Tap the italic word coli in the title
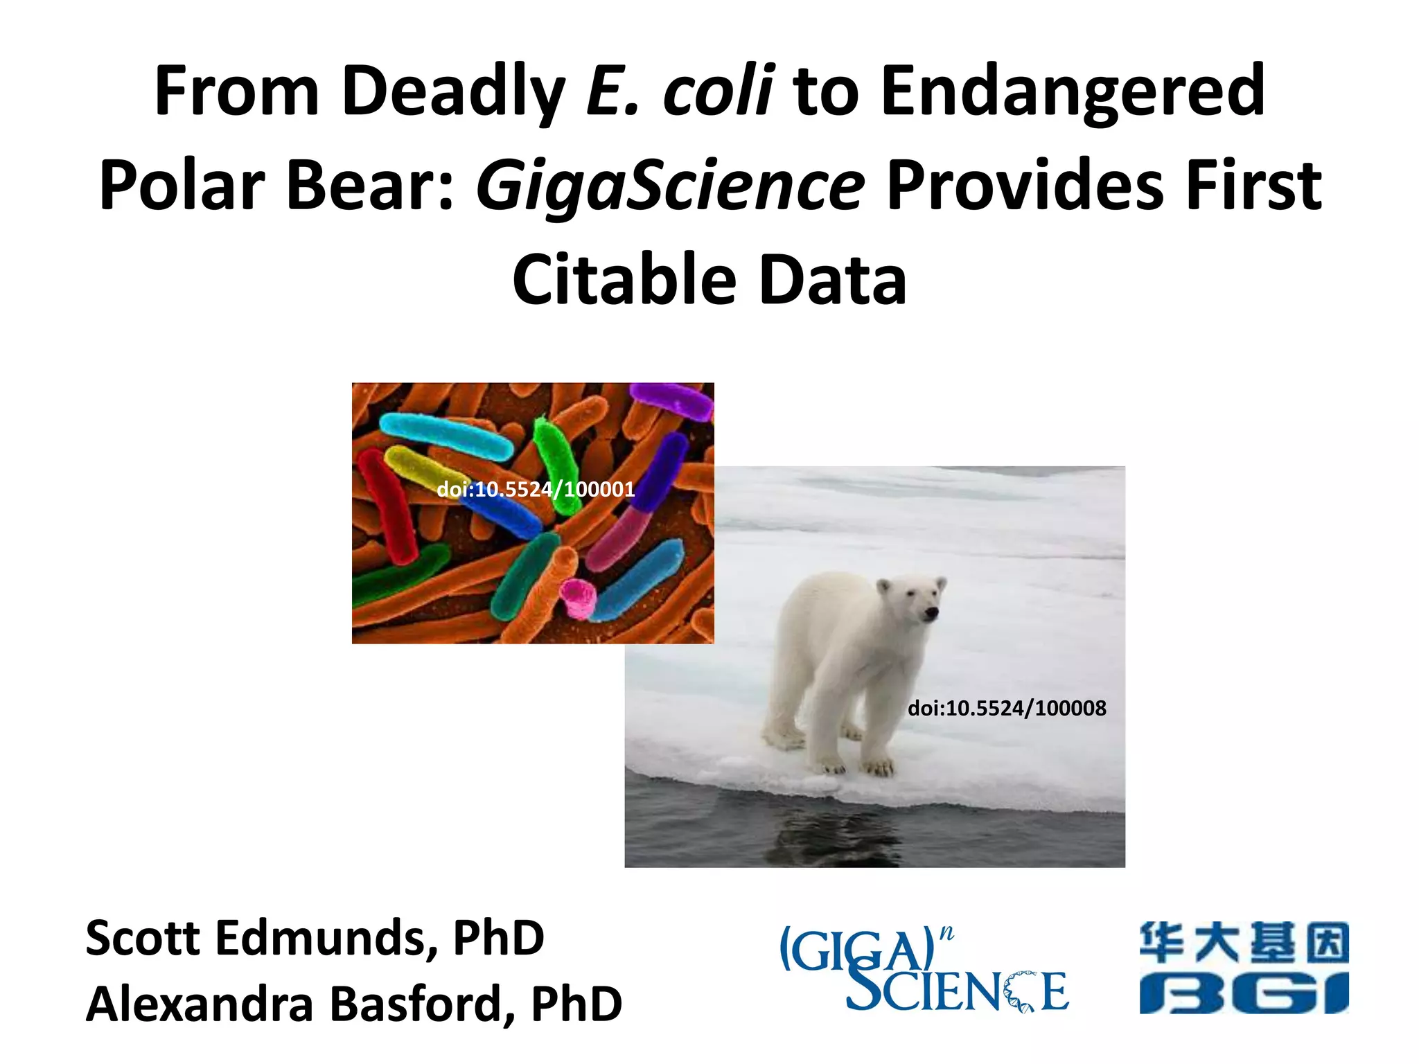tap(717, 91)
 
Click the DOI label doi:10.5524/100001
tap(536, 490)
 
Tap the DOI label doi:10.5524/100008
tap(1006, 708)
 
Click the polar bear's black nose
tap(932, 612)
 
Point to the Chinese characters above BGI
tap(1243, 943)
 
